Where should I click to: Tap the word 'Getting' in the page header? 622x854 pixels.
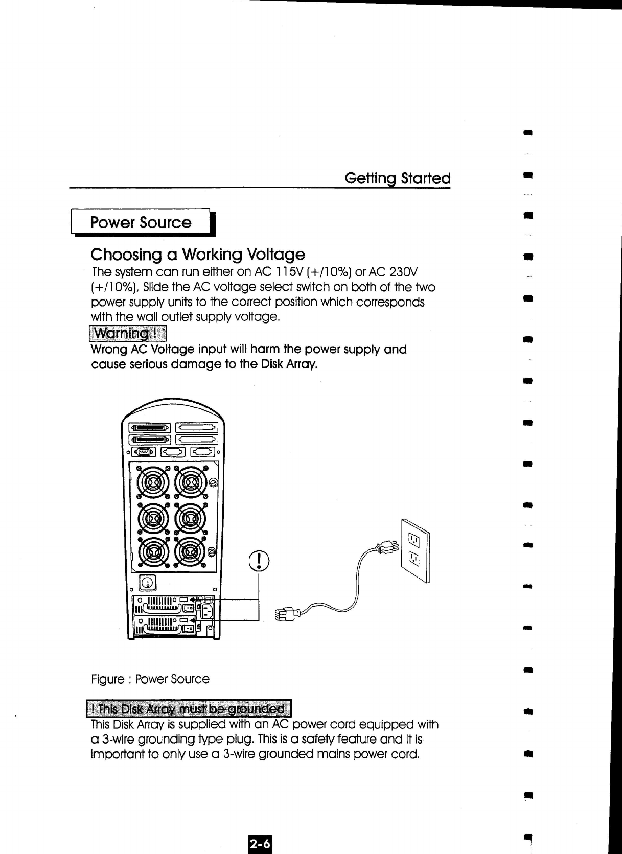[x=371, y=179]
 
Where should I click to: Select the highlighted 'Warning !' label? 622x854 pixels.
[x=128, y=334]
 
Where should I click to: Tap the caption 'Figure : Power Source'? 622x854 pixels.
[x=150, y=679]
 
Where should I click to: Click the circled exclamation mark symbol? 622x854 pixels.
[x=259, y=560]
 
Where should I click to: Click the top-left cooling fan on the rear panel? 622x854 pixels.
[x=153, y=482]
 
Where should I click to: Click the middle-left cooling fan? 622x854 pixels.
[x=153, y=518]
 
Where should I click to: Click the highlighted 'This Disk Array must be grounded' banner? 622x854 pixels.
[x=189, y=709]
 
